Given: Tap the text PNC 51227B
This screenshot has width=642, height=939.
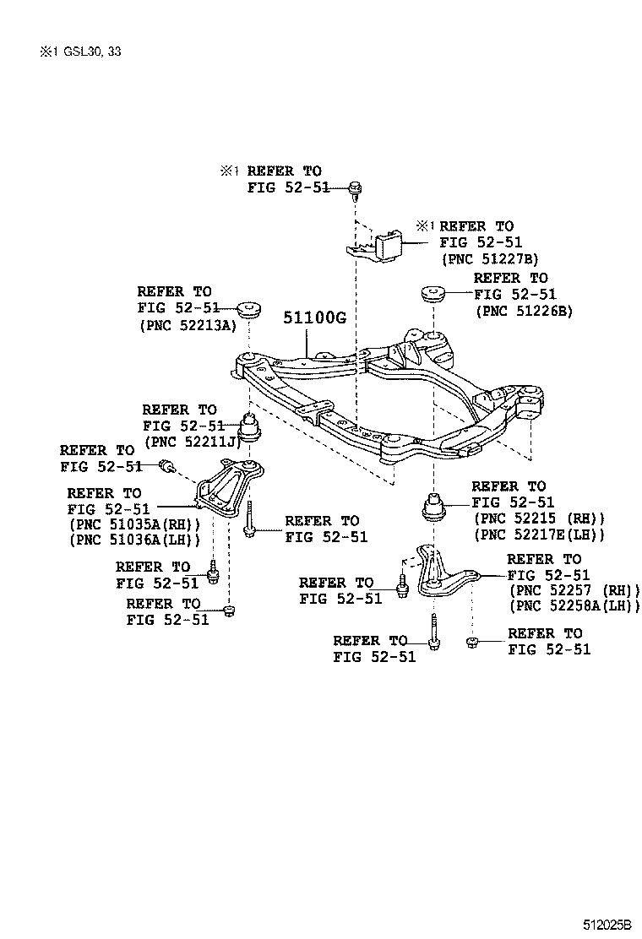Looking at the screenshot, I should [489, 258].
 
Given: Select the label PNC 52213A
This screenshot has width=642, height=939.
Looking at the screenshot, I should [187, 325].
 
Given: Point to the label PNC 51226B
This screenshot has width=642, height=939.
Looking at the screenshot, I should [524, 311].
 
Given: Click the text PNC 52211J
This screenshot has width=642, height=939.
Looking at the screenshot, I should [193, 441].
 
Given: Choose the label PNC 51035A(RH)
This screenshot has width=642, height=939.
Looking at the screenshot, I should [133, 524].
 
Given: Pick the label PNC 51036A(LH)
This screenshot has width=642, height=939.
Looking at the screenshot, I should [133, 540].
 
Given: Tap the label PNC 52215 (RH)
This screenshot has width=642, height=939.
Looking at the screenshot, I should [540, 518].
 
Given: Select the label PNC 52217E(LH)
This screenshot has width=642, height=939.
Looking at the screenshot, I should [540, 535].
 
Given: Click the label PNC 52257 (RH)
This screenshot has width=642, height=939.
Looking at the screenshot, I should [574, 590].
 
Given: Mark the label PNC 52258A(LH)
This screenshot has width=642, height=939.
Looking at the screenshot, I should [574, 605].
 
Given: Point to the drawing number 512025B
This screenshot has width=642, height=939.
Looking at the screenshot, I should [606, 925].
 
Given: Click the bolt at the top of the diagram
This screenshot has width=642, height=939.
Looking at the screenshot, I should [356, 189].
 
